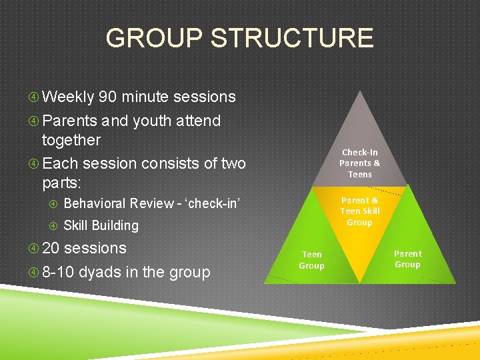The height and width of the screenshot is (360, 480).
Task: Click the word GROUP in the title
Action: pos(153,38)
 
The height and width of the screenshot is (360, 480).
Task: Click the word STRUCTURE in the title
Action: pos(292,38)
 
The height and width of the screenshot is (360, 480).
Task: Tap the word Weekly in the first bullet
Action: pos(68,97)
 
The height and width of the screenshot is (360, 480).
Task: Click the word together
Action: pos(71,140)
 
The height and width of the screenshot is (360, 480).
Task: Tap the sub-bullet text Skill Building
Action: pos(101,226)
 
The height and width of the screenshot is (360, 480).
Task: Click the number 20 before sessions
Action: pos(51,249)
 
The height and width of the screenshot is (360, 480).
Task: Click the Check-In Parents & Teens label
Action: pos(359,163)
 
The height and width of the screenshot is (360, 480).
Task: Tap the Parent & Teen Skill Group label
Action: pos(359,211)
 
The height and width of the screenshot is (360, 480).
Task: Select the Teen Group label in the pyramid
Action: pos(311,260)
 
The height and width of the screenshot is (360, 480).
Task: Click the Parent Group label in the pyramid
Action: pos(407,259)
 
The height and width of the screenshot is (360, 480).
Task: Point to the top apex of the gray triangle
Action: pos(360,91)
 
